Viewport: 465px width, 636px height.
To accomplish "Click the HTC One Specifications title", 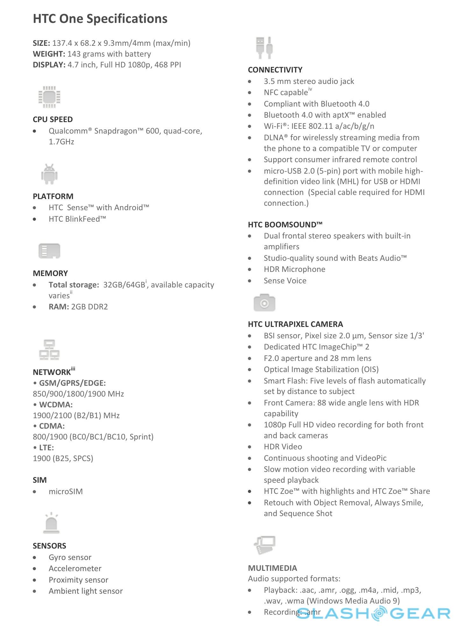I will click(100, 19).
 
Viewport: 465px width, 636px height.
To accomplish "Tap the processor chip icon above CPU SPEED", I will click(49, 97).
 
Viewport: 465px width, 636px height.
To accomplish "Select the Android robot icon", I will click(49, 174).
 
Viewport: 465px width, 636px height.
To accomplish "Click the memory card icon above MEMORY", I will click(49, 251).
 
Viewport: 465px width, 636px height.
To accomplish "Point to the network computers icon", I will click(49, 350).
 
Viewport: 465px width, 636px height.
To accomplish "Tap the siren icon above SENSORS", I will click(51, 523).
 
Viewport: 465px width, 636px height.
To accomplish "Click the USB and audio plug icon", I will click(264, 48).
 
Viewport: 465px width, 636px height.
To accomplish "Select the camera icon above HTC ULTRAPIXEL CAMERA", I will click(264, 303).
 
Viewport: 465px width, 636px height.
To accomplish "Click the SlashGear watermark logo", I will click(374, 613).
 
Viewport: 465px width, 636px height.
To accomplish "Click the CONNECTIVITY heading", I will click(275, 70).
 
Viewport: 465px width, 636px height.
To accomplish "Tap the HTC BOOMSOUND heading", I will click(285, 225).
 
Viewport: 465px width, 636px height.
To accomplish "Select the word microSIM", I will click(66, 492).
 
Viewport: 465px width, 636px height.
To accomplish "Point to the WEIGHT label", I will click(49, 54).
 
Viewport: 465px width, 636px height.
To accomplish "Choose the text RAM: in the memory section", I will click(59, 307).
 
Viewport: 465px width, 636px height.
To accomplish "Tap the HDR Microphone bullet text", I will click(294, 269).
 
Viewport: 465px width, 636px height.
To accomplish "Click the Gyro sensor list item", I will click(70, 557).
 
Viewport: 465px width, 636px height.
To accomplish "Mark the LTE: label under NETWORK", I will click(46, 448).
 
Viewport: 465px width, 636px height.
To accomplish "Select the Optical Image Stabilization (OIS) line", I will click(321, 370).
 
